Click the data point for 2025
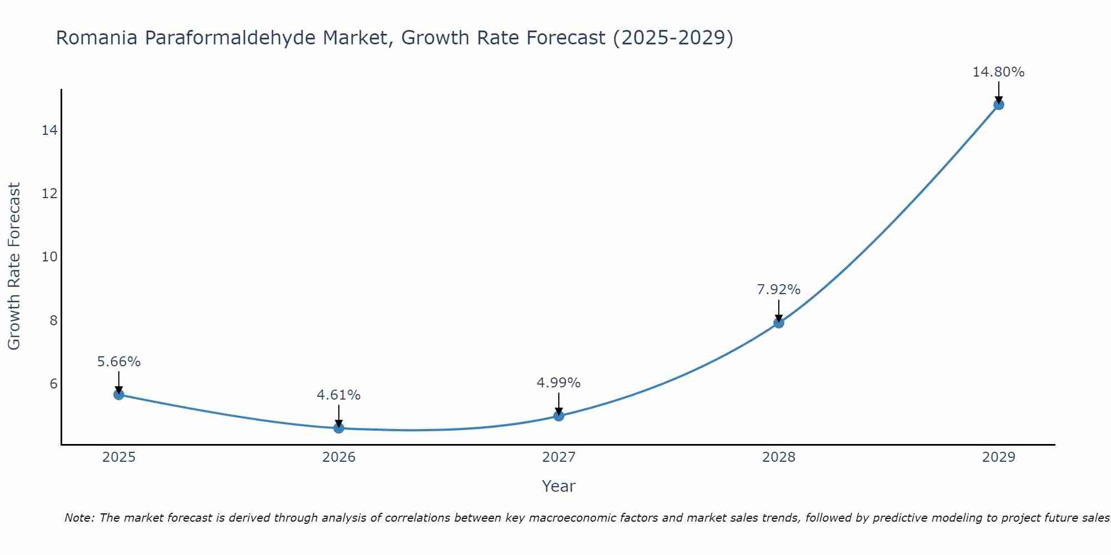coord(118,395)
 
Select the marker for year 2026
coord(339,428)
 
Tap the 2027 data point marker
coord(559,416)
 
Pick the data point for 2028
coord(779,323)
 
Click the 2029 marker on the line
coord(999,104)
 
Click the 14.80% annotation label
coord(998,72)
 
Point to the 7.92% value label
coord(778,290)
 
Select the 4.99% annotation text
coord(558,383)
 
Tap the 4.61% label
coord(338,395)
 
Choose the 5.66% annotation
coord(118,362)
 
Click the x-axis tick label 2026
coord(339,457)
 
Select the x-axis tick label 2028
coord(779,457)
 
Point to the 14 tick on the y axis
coord(49,130)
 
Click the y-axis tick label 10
coord(49,257)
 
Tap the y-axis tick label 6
coord(53,384)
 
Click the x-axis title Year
coord(558,486)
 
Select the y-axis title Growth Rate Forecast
coord(14,266)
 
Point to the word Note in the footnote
coord(79,518)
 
